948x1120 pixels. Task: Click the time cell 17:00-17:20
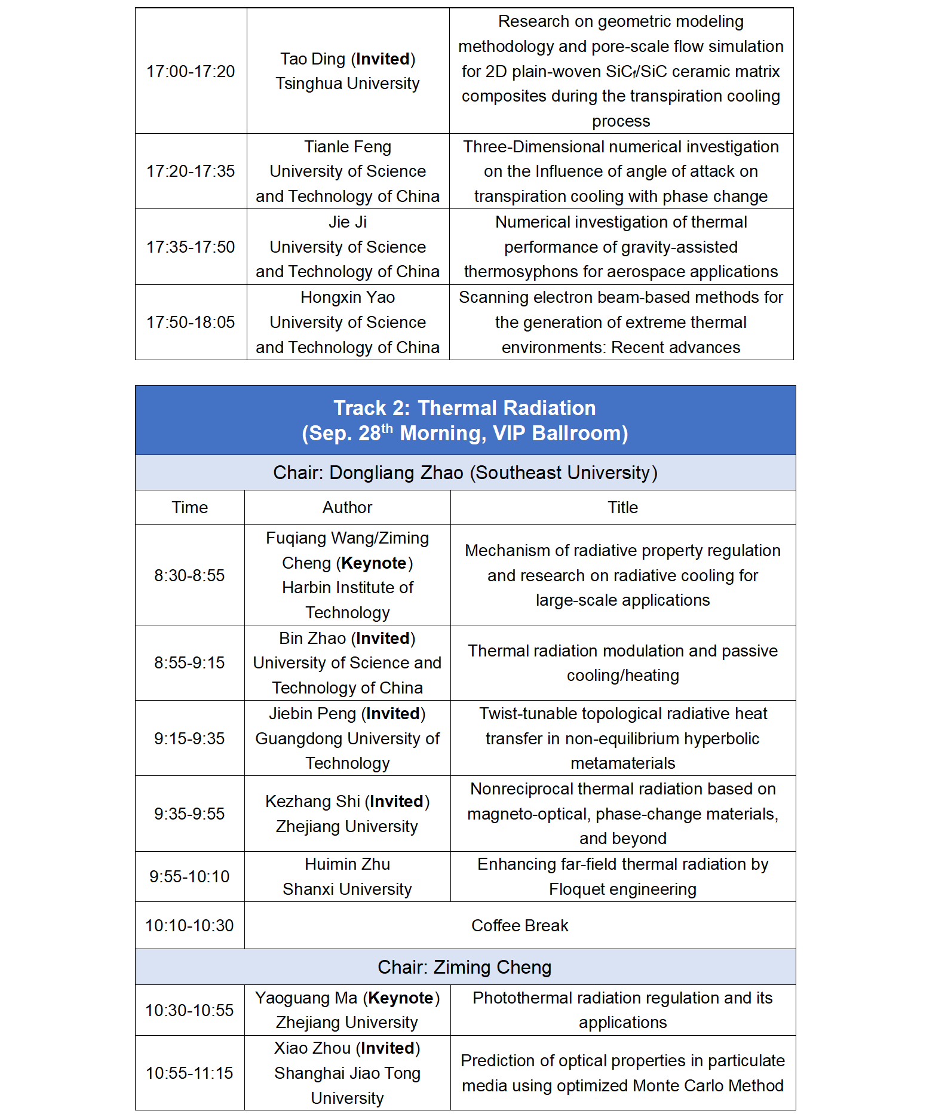tap(191, 72)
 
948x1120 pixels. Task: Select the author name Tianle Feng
tap(348, 147)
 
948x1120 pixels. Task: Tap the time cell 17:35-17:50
tap(191, 247)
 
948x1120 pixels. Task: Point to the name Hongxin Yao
tap(348, 297)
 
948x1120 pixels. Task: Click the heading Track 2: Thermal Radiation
tap(464, 408)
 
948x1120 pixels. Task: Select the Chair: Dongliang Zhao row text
tap(465, 473)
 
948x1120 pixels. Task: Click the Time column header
tap(190, 508)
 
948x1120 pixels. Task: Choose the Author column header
tap(347, 508)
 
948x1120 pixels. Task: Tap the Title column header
tap(622, 508)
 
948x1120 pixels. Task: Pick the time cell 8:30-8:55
tap(189, 576)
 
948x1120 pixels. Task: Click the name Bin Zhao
tap(312, 639)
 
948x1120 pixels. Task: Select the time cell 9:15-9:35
tap(189, 739)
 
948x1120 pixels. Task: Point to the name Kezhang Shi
tap(312, 802)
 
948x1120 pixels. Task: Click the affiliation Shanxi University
tap(347, 889)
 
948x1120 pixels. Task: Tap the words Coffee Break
tap(520, 926)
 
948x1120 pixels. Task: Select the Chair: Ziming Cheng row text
tap(464, 968)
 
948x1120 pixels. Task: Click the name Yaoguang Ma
tap(306, 998)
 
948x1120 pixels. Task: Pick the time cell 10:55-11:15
tap(189, 1073)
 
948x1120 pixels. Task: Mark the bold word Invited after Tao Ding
tap(383, 59)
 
